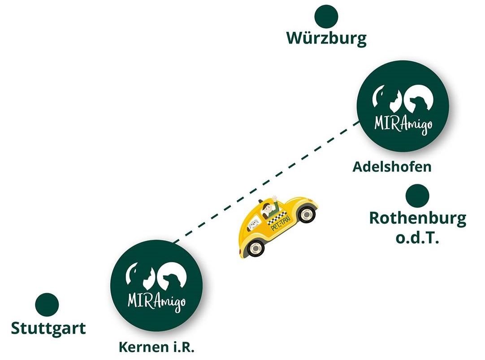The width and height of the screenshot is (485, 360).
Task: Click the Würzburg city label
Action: pyautogui.click(x=326, y=38)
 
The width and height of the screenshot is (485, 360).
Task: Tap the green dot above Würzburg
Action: pyautogui.click(x=326, y=17)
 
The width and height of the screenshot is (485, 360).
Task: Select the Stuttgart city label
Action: pyautogui.click(x=48, y=328)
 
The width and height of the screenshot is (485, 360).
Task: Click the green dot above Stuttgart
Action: pyautogui.click(x=47, y=305)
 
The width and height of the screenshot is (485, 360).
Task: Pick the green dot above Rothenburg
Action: pyautogui.click(x=417, y=195)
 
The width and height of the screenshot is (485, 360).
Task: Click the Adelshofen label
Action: pyautogui.click(x=392, y=167)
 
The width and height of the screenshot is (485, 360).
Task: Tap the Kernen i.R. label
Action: pyautogui.click(x=156, y=347)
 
